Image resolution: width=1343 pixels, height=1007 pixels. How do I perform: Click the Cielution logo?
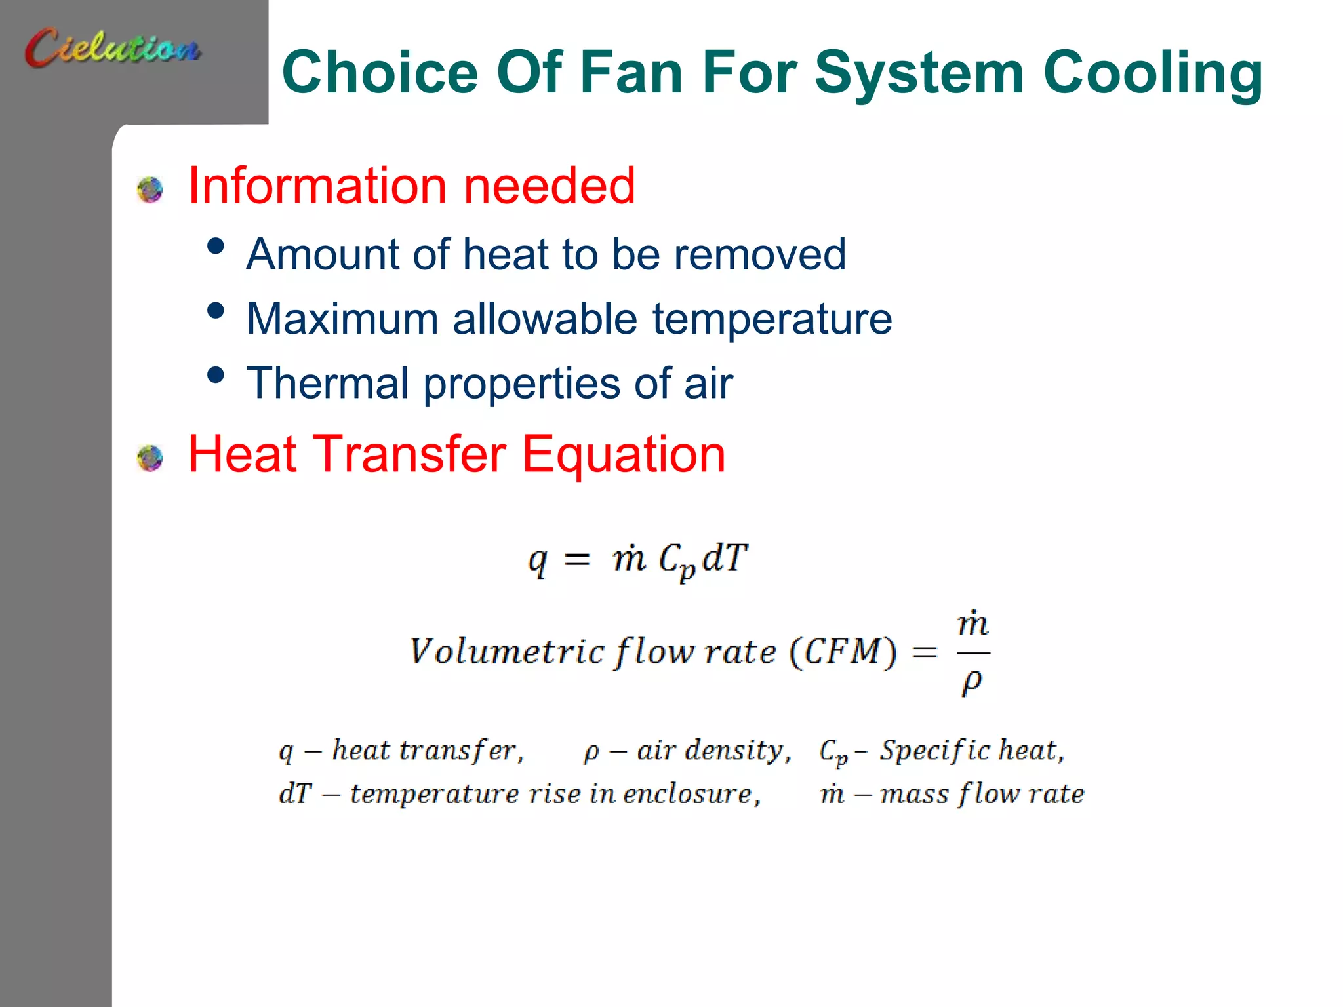click(112, 47)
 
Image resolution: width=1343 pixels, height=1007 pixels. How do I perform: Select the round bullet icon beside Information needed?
click(150, 189)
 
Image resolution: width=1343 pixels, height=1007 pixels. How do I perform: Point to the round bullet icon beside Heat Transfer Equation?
click(150, 458)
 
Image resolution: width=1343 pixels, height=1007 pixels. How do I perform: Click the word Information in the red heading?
click(318, 186)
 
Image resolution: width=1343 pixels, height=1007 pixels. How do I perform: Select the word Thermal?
click(327, 383)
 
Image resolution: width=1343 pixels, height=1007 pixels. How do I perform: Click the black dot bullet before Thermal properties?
click(215, 376)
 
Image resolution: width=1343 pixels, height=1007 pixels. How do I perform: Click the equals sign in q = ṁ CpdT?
click(576, 560)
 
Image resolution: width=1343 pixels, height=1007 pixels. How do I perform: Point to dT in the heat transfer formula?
click(724, 559)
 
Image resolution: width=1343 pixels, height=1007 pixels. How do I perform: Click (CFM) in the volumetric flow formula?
click(843, 652)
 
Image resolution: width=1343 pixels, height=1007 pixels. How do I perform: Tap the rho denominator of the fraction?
click(972, 682)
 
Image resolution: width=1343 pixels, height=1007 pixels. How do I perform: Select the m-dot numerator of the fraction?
click(972, 623)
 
